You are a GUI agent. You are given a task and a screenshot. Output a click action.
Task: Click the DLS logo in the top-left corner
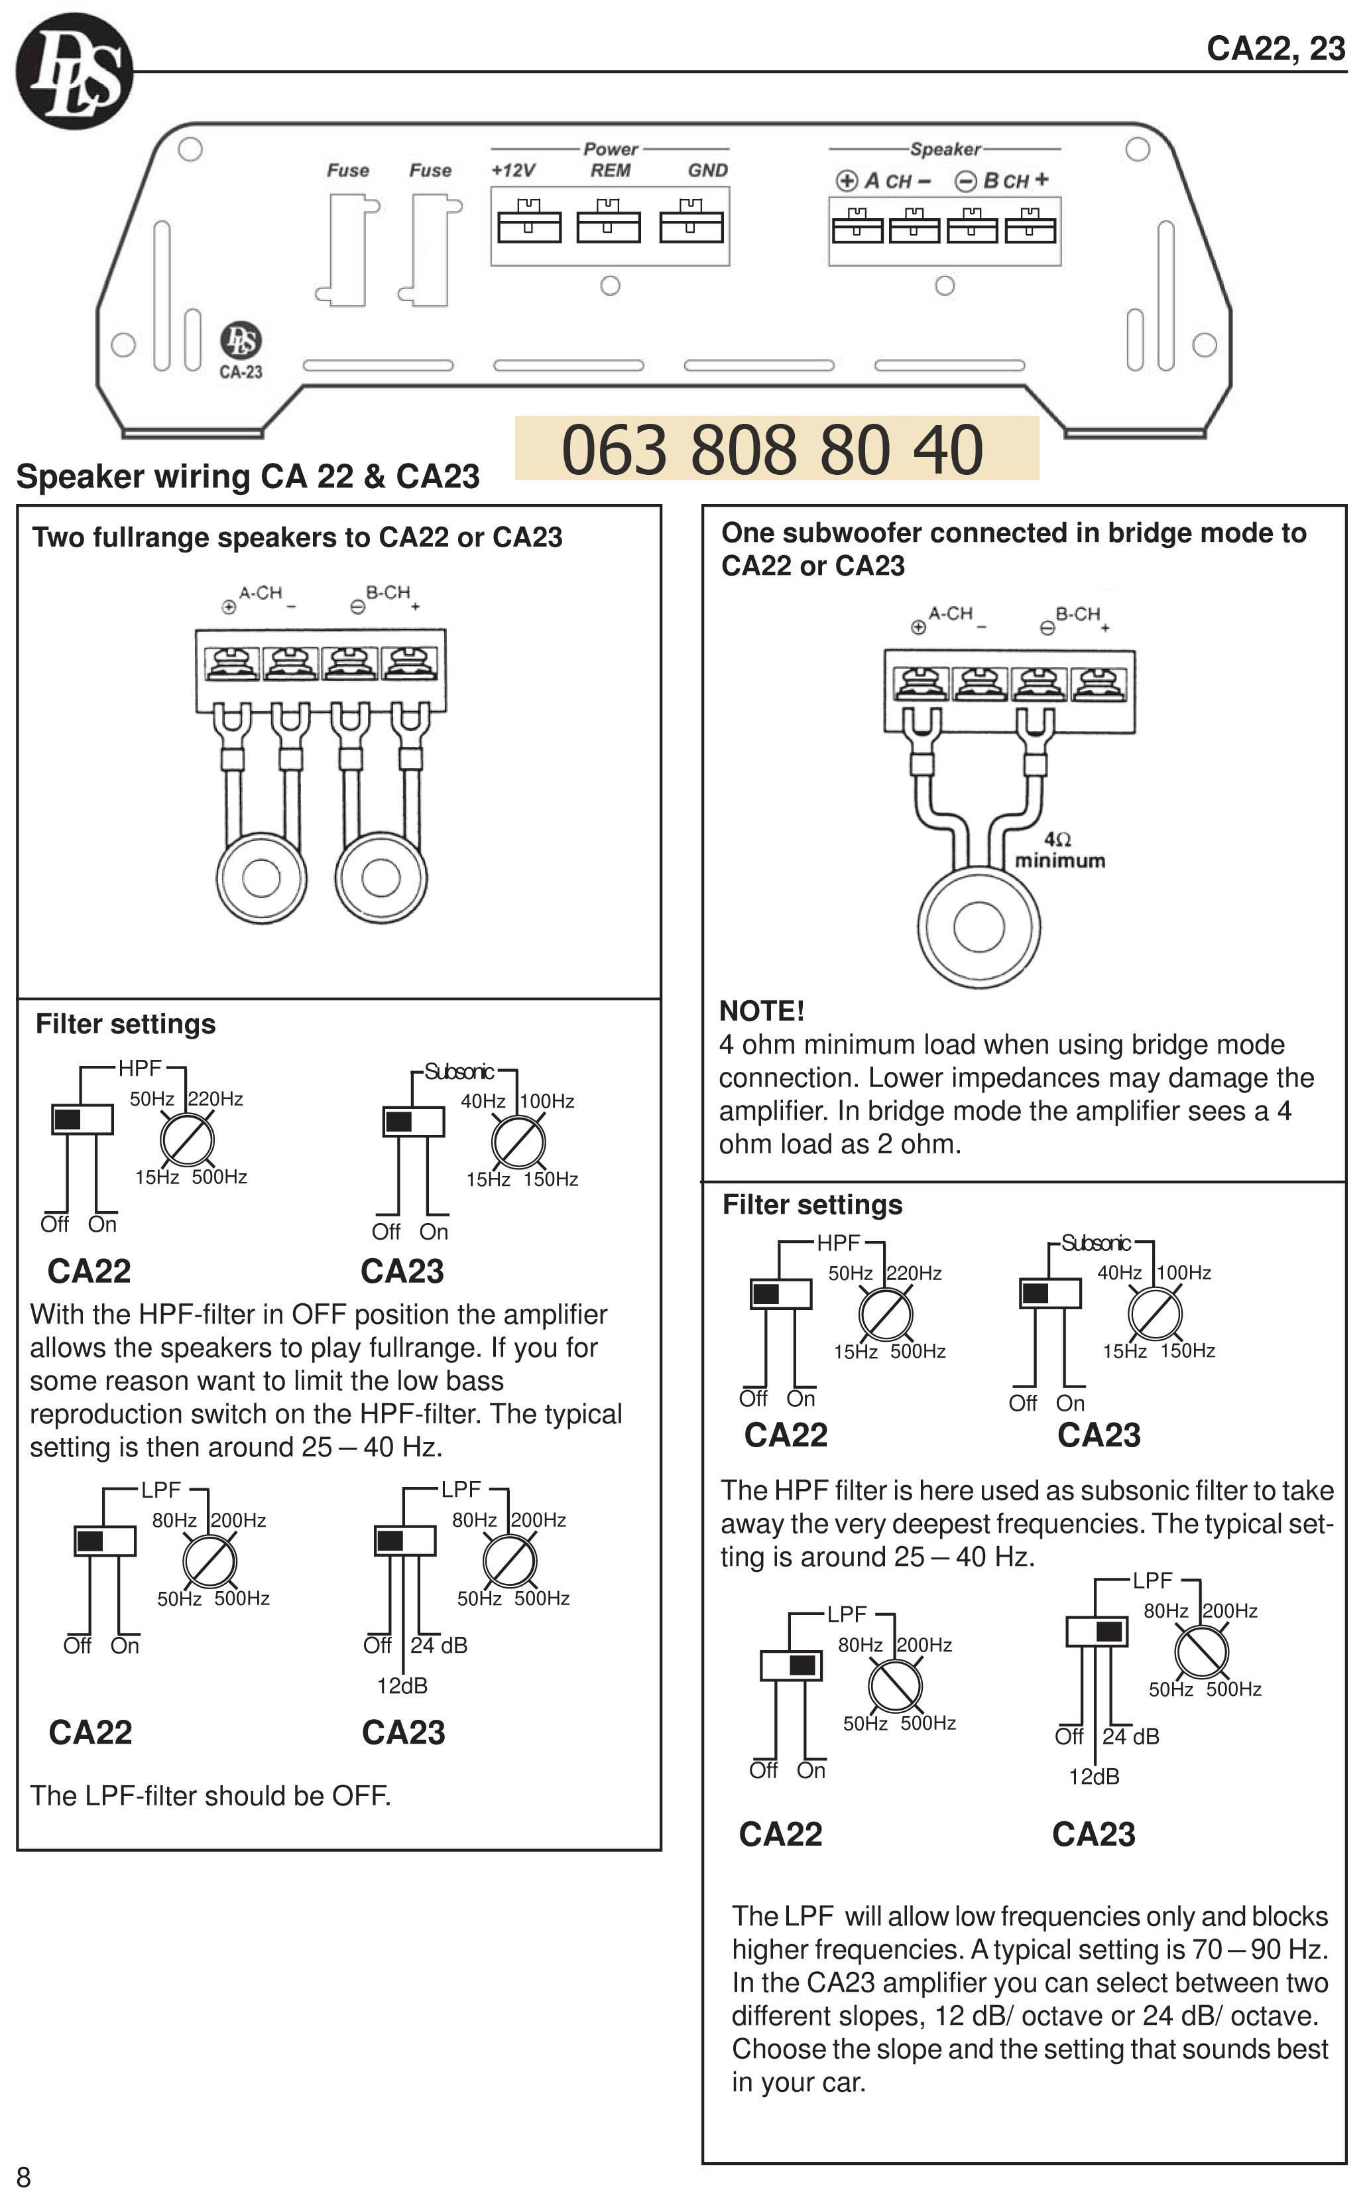pyautogui.click(x=74, y=71)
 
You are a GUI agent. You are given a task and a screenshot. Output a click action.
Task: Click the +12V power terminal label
pyautogui.click(x=513, y=170)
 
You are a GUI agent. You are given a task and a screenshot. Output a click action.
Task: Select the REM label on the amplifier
pyautogui.click(x=611, y=170)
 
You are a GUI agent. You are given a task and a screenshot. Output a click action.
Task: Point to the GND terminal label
pyautogui.click(x=707, y=170)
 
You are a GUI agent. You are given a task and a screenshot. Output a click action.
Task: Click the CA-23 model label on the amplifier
pyautogui.click(x=241, y=371)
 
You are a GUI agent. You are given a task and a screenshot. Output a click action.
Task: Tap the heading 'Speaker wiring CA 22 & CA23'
pyautogui.click(x=248, y=476)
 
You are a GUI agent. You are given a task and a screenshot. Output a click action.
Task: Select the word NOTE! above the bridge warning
pyautogui.click(x=762, y=1011)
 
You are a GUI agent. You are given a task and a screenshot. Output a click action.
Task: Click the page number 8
pyautogui.click(x=24, y=2176)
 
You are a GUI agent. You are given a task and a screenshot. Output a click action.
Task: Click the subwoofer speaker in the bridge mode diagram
pyautogui.click(x=979, y=927)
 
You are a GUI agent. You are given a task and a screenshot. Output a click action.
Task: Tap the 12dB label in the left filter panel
pyautogui.click(x=402, y=1685)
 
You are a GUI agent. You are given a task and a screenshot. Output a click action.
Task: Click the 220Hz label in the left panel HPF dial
pyautogui.click(x=215, y=1098)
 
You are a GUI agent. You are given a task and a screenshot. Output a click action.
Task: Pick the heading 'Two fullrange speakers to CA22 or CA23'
pyautogui.click(x=297, y=537)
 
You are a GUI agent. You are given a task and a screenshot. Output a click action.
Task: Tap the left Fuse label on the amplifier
pyautogui.click(x=347, y=170)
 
